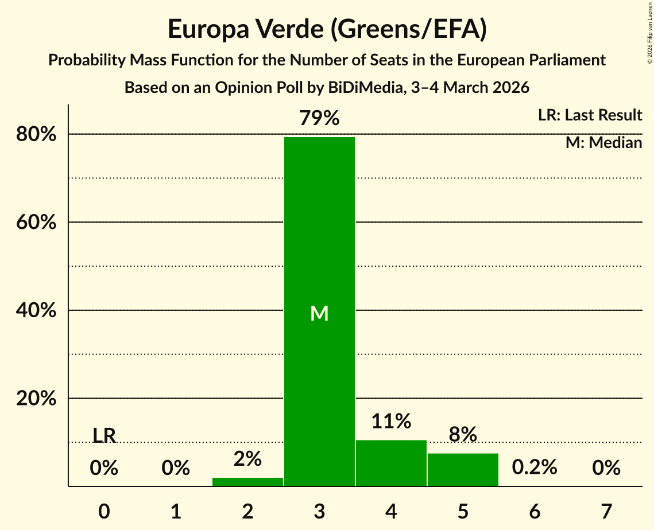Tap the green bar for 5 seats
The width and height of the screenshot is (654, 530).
(463, 470)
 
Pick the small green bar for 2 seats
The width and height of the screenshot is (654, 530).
(247, 482)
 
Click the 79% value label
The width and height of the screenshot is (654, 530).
(319, 119)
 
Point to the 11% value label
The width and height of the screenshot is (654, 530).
(391, 422)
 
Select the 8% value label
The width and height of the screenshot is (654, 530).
(463, 435)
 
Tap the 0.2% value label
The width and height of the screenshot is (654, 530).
(535, 467)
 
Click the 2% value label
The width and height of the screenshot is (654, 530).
(247, 459)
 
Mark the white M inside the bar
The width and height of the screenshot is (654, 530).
(319, 313)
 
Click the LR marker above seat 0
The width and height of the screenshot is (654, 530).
(104, 436)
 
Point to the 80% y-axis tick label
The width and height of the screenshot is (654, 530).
(36, 134)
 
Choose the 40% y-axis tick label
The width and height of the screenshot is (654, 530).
(36, 310)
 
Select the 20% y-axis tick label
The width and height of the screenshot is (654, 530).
(36, 399)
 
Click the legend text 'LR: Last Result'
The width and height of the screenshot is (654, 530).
(590, 115)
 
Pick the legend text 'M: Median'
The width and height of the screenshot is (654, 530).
(603, 142)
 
